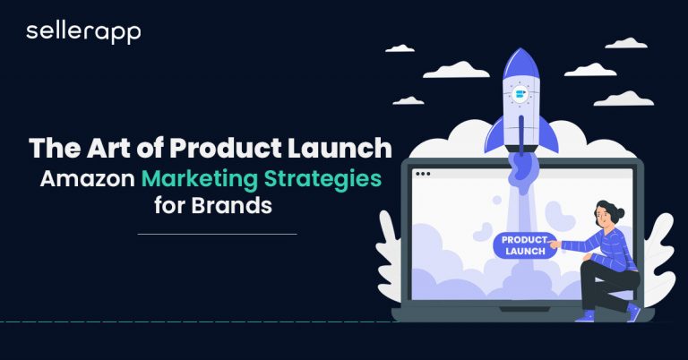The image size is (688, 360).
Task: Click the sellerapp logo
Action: pyautogui.click(x=83, y=32)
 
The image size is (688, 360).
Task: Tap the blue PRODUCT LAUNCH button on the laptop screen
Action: pyautogui.click(x=523, y=245)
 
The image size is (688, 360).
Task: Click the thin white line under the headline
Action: pyautogui.click(x=217, y=234)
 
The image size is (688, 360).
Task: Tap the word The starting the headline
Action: pyautogui.click(x=56, y=148)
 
